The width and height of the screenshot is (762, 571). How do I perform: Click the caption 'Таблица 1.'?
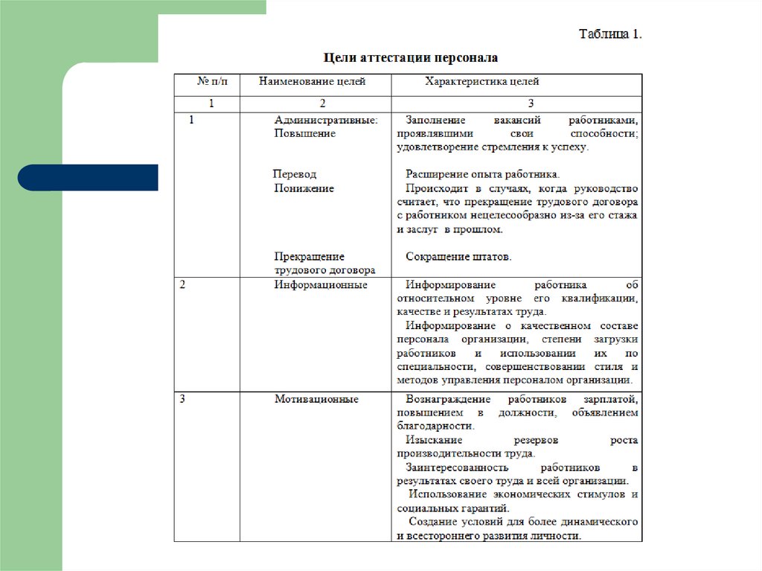[610, 34]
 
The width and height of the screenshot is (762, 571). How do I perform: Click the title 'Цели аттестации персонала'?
[410, 57]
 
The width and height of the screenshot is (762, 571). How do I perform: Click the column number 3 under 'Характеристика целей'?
[531, 103]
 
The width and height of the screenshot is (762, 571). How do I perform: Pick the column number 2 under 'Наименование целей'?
[322, 103]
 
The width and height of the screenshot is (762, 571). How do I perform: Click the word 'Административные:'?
[326, 119]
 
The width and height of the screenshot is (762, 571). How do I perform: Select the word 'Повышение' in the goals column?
[305, 133]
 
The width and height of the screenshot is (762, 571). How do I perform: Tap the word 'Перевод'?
[295, 174]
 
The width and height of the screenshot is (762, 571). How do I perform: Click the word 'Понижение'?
[304, 188]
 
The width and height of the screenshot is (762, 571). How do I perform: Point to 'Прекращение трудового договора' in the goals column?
[324, 264]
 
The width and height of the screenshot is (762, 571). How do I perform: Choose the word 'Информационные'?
[321, 285]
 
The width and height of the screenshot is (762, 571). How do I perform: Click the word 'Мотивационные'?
[316, 399]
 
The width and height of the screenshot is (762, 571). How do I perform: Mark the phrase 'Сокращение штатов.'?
[459, 257]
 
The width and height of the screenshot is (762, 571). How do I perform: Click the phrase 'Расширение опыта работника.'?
[482, 174]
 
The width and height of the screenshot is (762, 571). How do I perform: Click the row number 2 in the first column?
[183, 285]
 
